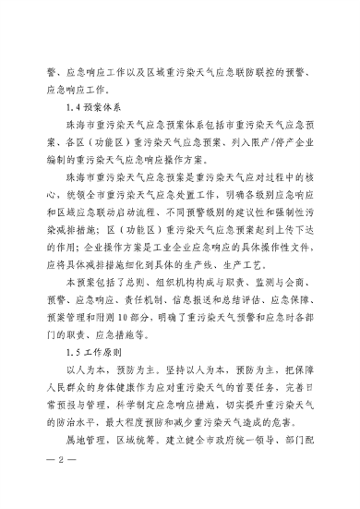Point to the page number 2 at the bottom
tap(57, 488)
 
